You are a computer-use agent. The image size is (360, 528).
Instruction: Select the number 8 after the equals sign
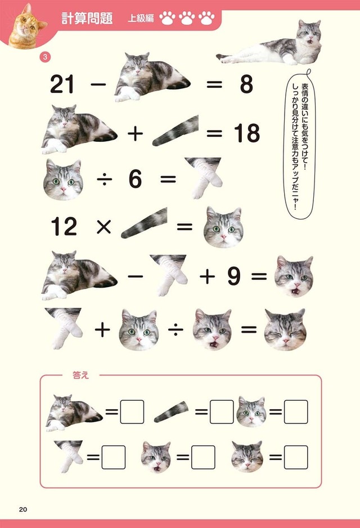[246, 84]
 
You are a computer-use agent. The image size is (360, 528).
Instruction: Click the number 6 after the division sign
[135, 180]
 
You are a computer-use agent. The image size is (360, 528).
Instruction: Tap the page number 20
[22, 509]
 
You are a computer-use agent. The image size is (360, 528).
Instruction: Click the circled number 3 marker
[45, 57]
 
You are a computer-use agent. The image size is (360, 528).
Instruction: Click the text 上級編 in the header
[140, 18]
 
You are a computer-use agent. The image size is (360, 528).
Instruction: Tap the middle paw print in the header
[187, 19]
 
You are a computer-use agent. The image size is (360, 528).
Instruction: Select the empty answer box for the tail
[221, 412]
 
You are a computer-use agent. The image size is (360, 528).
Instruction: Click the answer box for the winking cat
[295, 457]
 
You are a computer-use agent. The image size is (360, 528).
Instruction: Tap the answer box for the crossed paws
[113, 457]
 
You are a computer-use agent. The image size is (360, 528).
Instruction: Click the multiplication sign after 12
[103, 227]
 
